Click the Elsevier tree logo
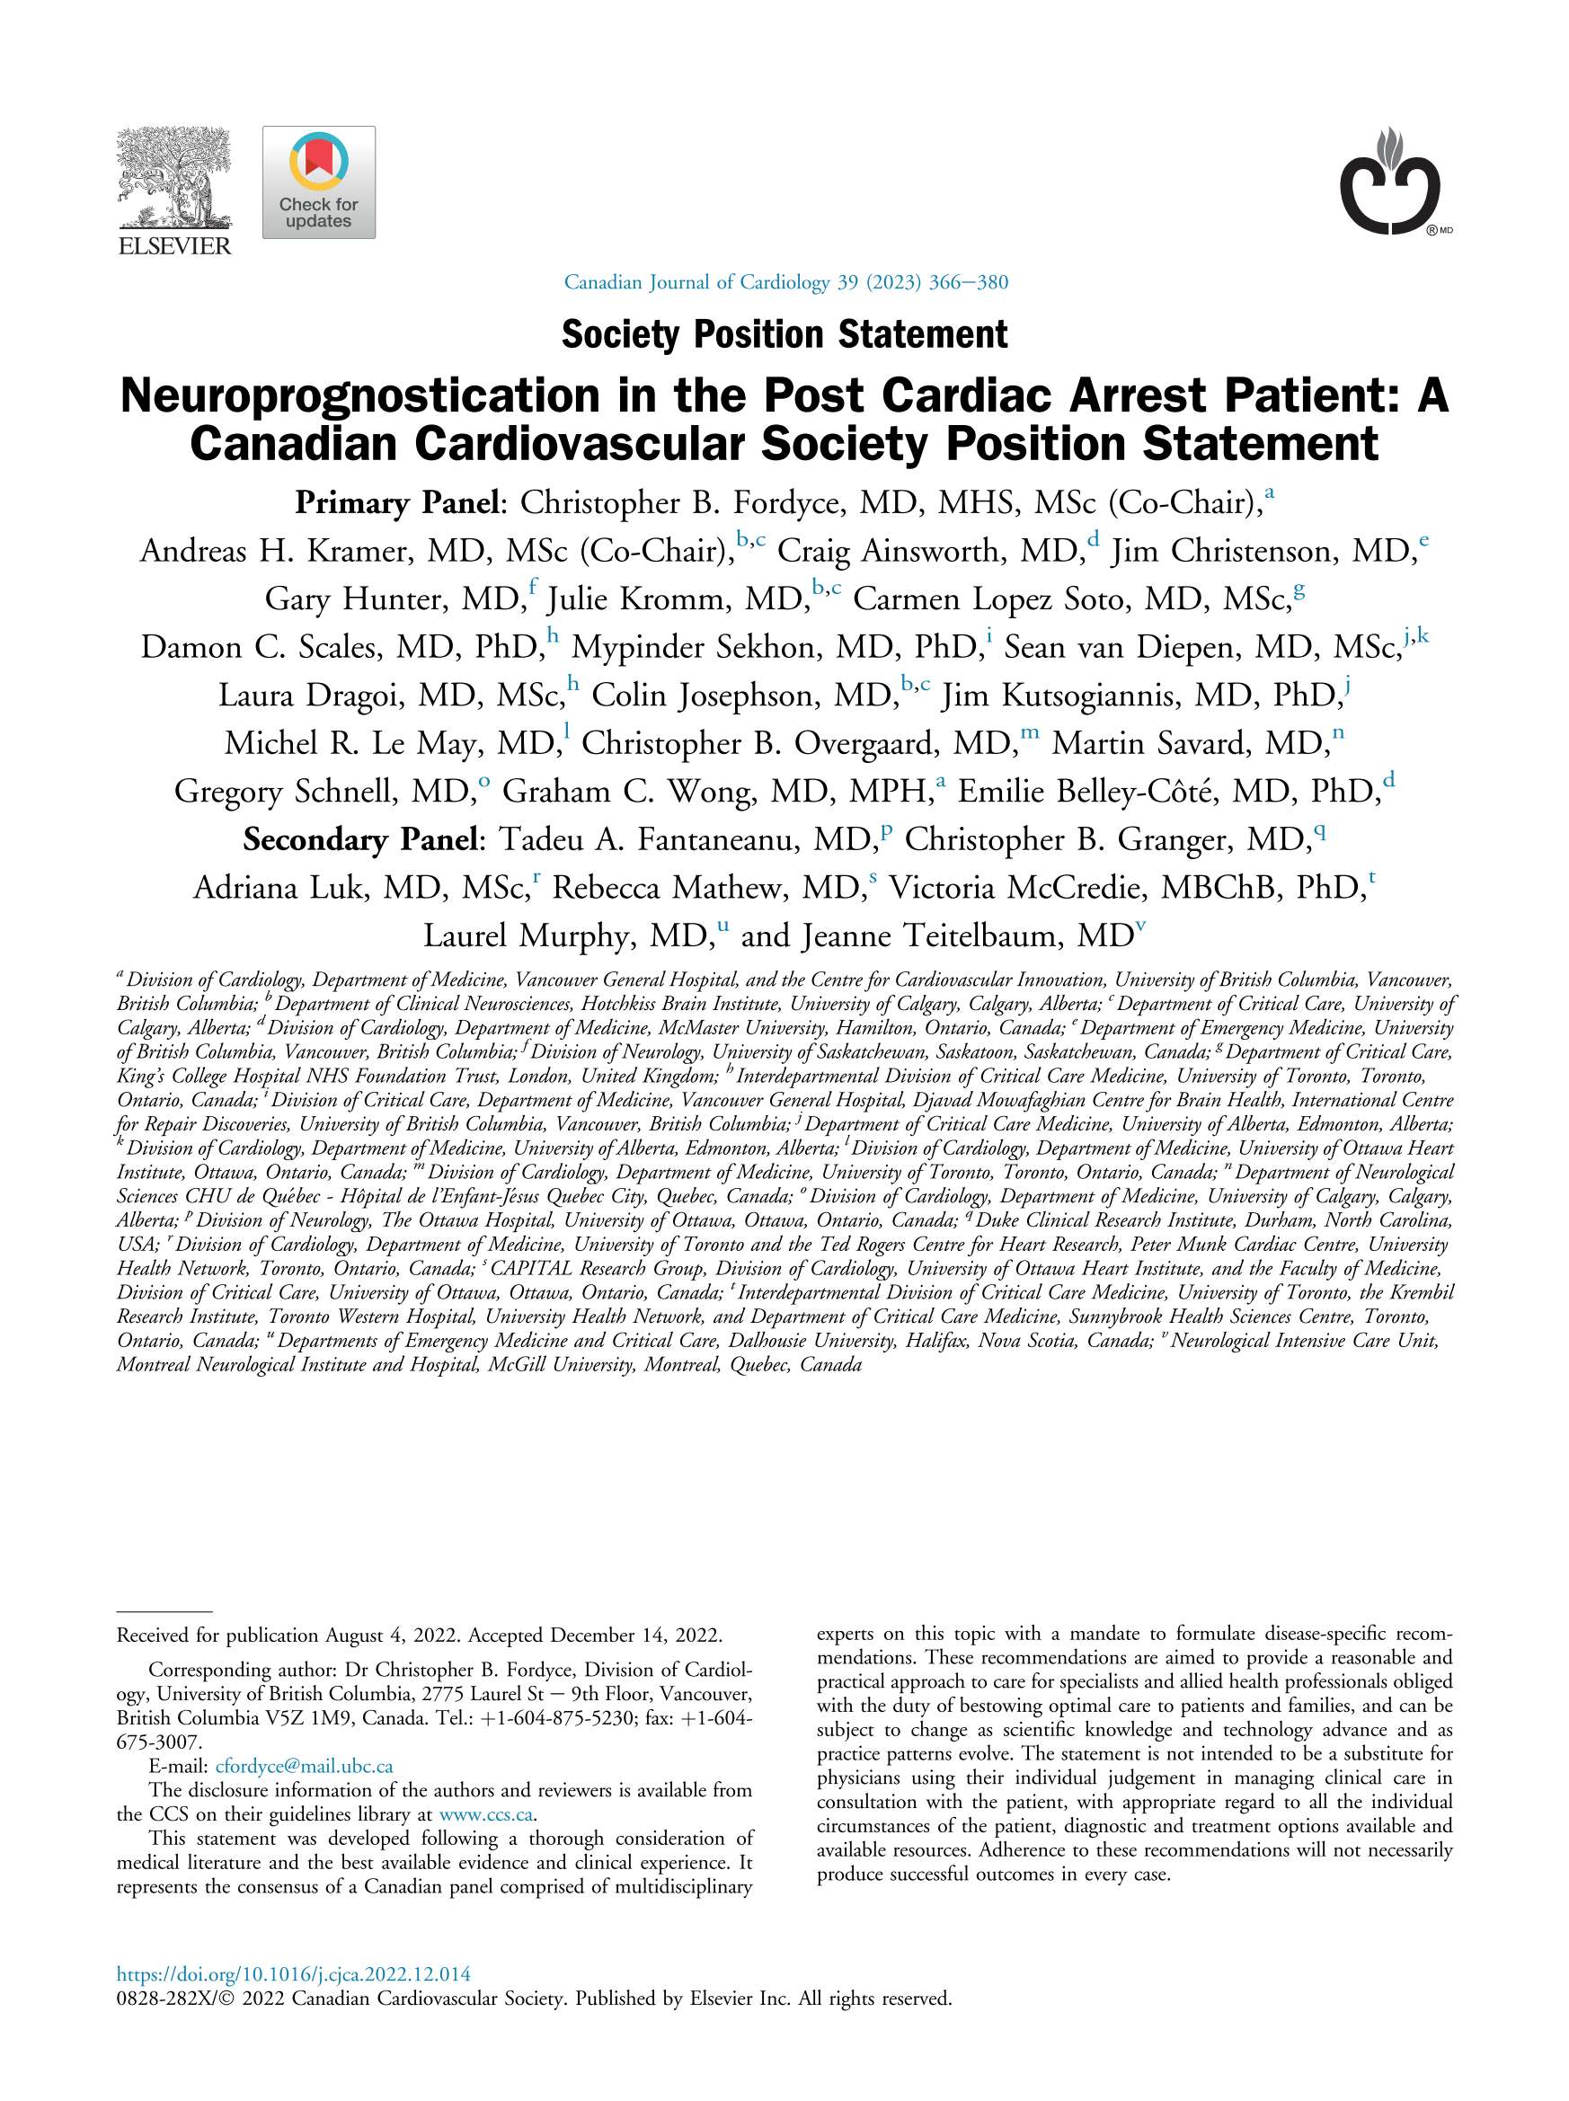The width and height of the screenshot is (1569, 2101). (173, 178)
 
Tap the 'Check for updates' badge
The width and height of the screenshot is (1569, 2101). (318, 182)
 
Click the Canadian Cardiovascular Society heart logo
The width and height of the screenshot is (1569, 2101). (1389, 182)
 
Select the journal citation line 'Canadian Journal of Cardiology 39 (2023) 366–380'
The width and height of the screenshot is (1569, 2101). (785, 282)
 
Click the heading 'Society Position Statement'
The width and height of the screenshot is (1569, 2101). (784, 334)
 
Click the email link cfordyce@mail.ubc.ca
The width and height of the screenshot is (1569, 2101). (304, 1767)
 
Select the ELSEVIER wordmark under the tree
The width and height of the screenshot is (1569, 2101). (173, 247)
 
